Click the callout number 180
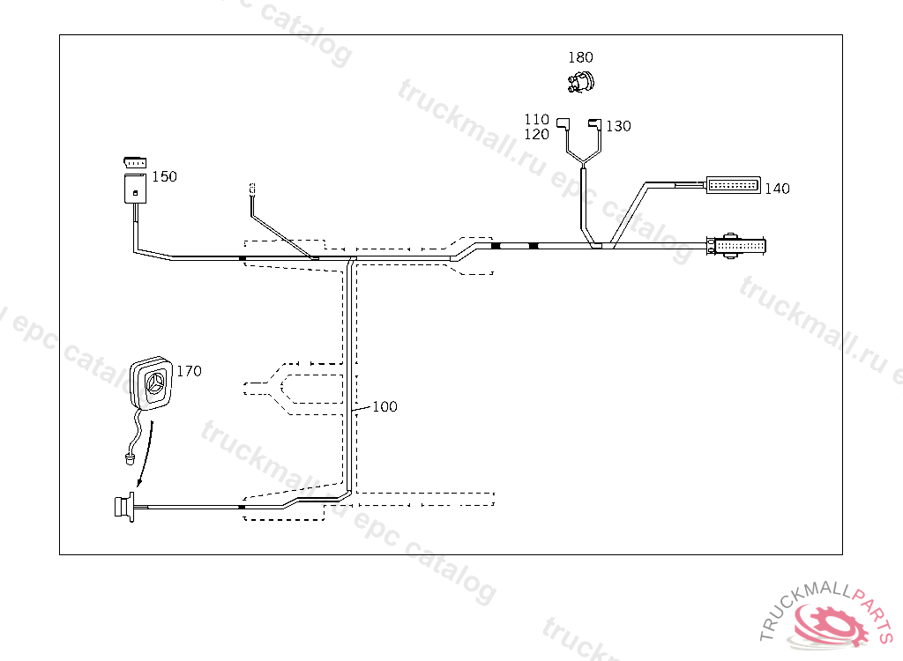coord(580,57)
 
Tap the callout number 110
coord(537,119)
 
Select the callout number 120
coord(537,134)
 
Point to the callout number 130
coord(618,126)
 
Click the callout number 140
coord(777,188)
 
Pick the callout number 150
coord(164,176)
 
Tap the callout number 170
coord(189,371)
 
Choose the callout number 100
coord(384,406)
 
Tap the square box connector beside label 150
coord(135,189)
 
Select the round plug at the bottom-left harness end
coord(120,507)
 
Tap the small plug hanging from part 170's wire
coord(130,457)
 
